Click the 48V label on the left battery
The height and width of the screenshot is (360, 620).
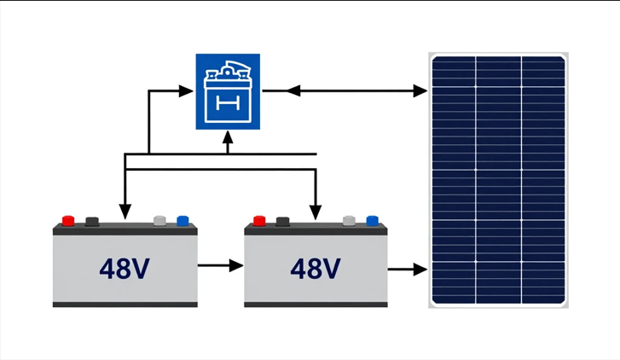tap(125, 269)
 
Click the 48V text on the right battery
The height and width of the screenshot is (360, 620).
tap(316, 269)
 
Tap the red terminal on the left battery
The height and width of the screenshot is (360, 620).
tap(68, 221)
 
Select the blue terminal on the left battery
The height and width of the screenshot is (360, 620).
tap(183, 221)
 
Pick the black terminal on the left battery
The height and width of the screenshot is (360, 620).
tap(92, 221)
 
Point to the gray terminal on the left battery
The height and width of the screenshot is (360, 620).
tap(159, 221)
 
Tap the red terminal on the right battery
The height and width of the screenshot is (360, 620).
tap(259, 221)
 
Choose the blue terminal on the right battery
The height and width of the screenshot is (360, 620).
tap(373, 221)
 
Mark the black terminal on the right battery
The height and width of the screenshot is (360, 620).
tap(282, 221)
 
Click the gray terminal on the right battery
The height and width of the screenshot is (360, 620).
tap(349, 221)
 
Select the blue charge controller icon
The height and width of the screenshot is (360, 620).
tap(228, 91)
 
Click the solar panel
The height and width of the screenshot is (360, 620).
tap(498, 180)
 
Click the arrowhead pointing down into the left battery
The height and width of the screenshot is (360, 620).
tap(125, 212)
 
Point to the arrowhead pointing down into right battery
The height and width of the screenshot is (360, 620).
tap(316, 210)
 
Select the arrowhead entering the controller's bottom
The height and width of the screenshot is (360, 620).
tap(228, 139)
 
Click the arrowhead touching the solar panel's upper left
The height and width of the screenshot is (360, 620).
tap(420, 90)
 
